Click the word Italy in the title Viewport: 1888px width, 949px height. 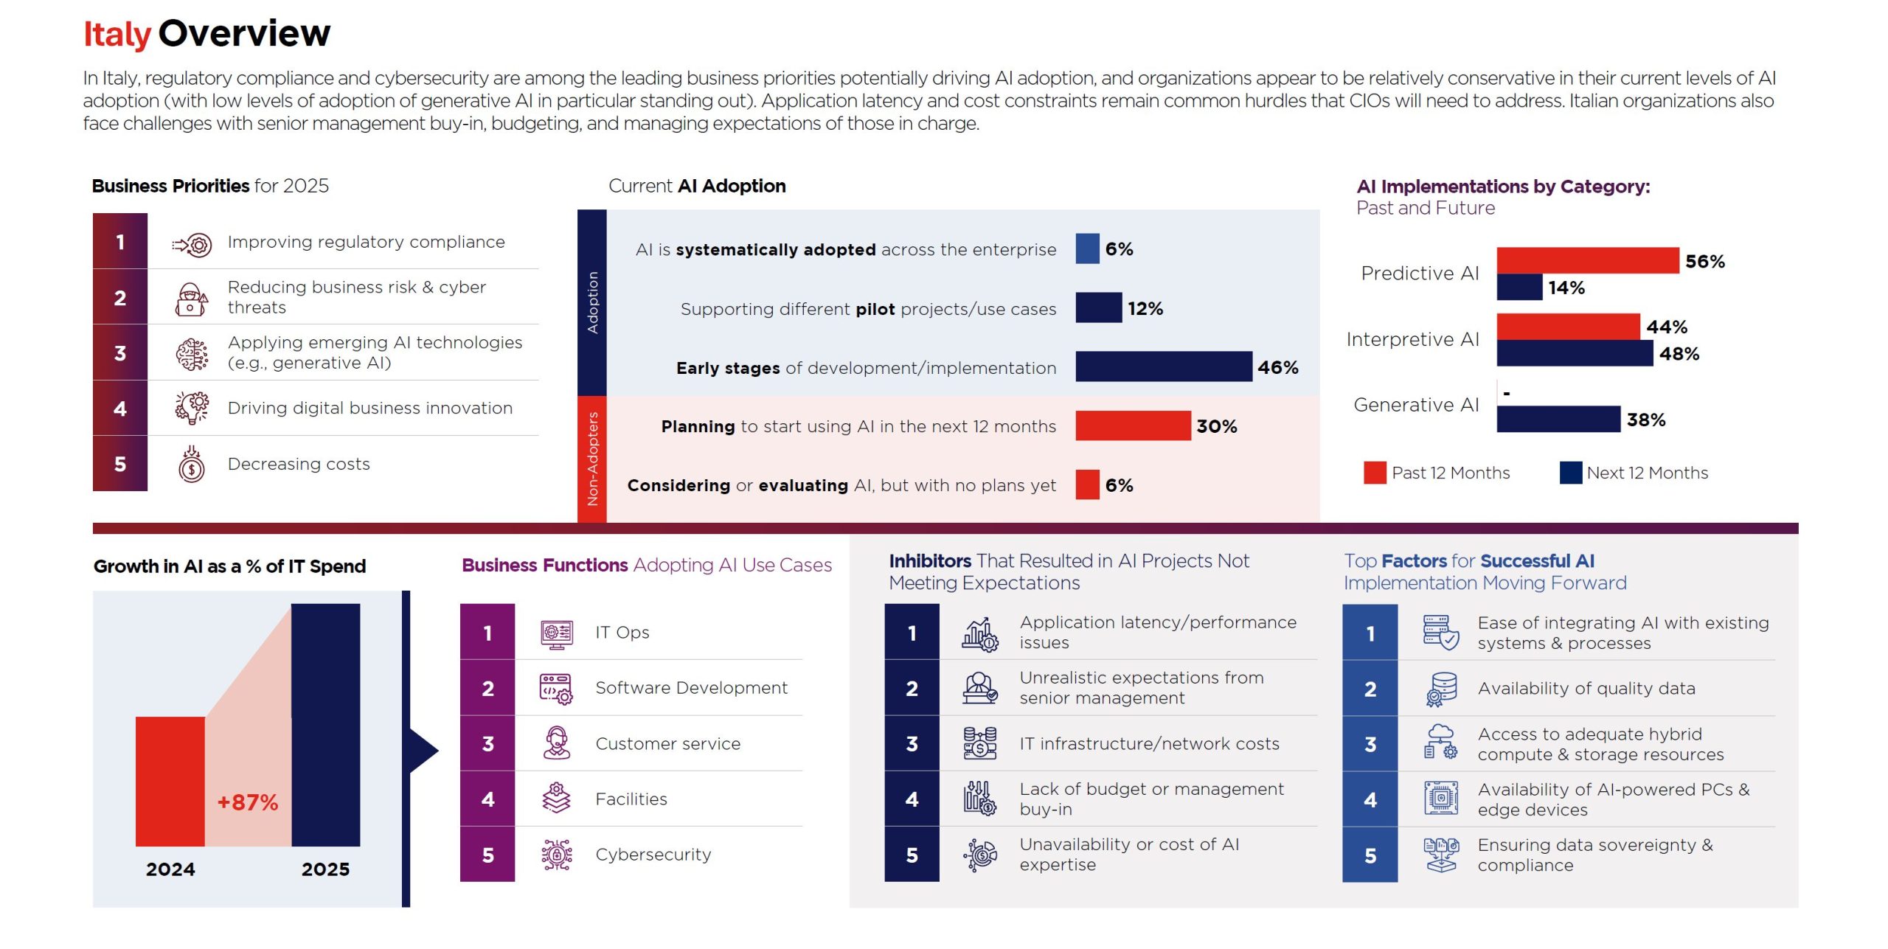point(117,34)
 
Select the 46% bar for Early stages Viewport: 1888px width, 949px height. point(1163,366)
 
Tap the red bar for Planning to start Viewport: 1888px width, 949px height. point(1132,425)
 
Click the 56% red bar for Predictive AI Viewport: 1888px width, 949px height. point(1587,260)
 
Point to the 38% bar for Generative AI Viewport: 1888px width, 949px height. point(1558,419)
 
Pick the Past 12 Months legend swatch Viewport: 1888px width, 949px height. point(1375,473)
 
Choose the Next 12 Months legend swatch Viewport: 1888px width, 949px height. point(1570,473)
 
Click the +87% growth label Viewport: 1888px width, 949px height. point(247,802)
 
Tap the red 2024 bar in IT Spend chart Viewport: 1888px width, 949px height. point(170,781)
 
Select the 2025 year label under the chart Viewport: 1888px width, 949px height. point(325,869)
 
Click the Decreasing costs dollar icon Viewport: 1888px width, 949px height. point(192,465)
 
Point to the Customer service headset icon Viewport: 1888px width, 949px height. point(557,743)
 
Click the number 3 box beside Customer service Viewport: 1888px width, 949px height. point(487,743)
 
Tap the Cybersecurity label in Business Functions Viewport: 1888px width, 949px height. point(653,855)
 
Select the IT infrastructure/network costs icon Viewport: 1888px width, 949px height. point(979,743)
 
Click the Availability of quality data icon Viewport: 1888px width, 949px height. point(1440,689)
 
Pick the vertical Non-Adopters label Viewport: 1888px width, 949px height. point(592,459)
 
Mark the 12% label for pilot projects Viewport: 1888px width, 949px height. point(1145,308)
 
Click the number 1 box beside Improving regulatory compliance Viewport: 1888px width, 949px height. point(120,242)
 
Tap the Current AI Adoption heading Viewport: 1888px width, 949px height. point(697,186)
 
